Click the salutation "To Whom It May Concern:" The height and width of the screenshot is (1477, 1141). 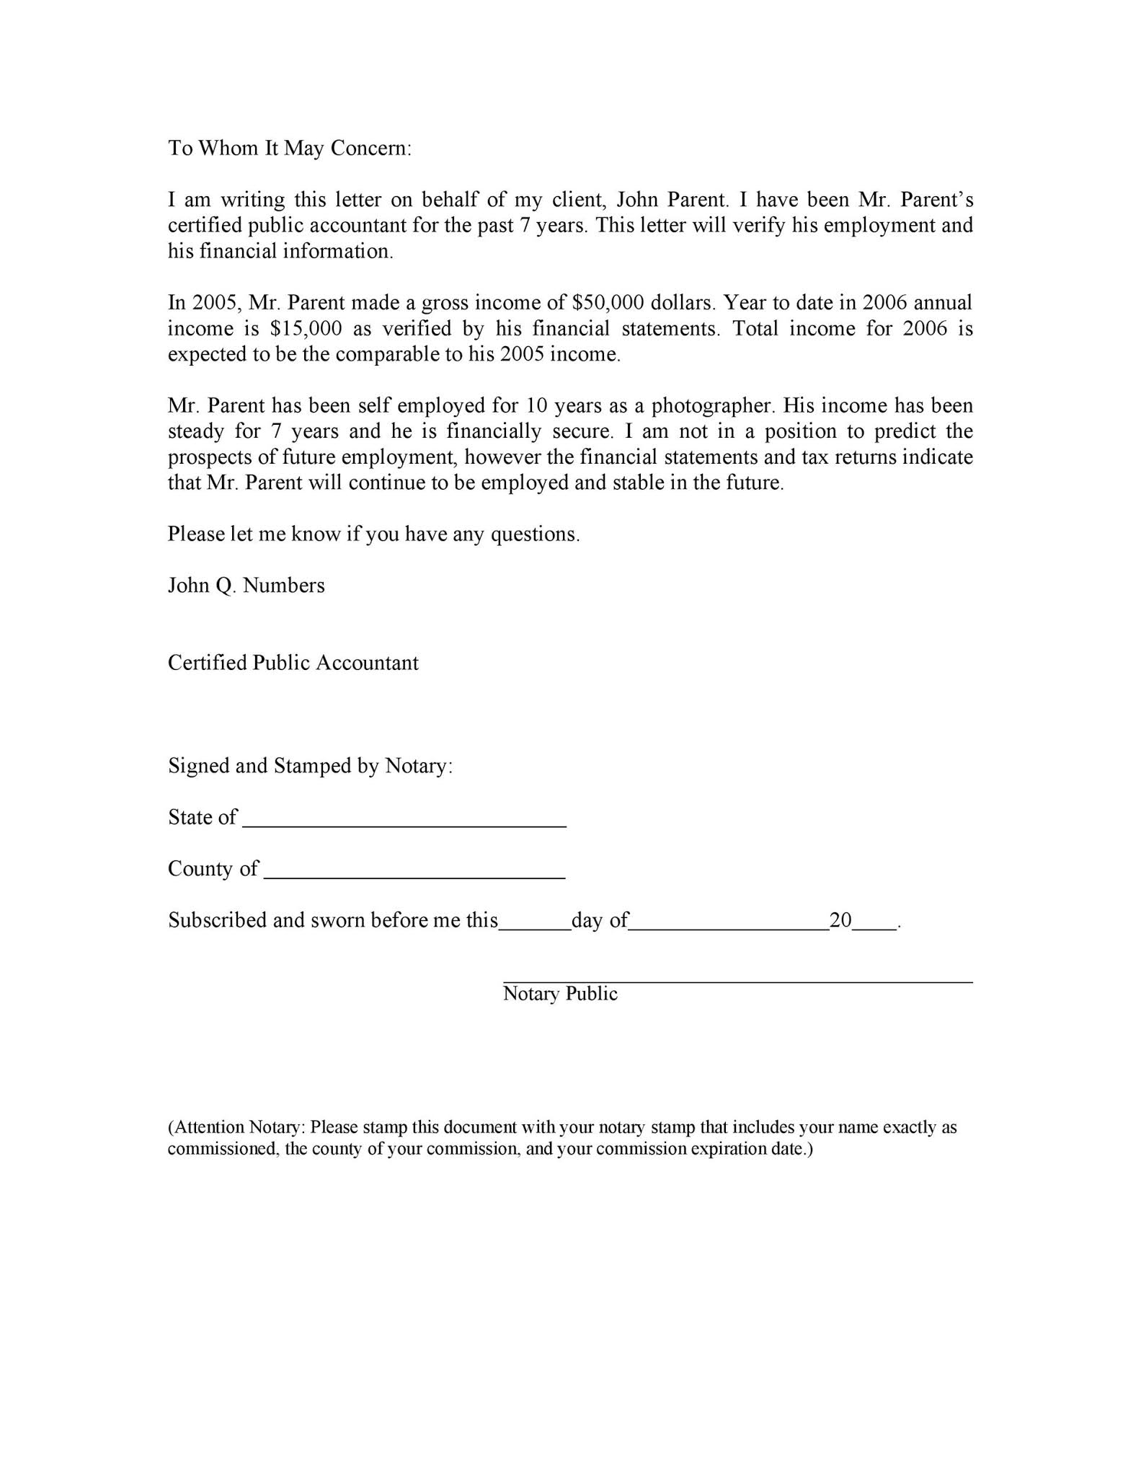pos(290,148)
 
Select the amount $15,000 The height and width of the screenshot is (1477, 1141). pos(306,328)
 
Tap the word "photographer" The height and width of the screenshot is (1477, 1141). pos(712,405)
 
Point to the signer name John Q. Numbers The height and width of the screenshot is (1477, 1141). pos(246,585)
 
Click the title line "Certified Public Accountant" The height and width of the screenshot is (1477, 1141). pos(293,663)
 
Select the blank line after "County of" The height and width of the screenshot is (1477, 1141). pos(414,874)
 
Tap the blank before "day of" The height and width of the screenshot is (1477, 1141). pos(534,926)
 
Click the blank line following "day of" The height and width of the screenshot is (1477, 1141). pos(729,926)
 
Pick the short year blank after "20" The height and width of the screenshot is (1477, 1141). pos(874,926)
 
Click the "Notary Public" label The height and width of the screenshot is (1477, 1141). pos(560,994)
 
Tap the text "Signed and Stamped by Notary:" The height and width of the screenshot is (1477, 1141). pos(311,765)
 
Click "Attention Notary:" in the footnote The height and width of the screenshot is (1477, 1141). pos(238,1127)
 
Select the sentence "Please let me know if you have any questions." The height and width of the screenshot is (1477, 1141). pos(373,534)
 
